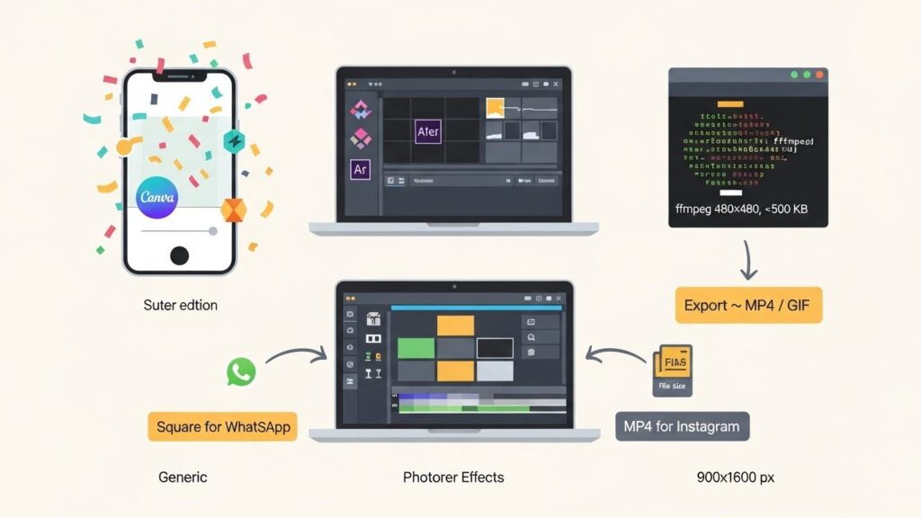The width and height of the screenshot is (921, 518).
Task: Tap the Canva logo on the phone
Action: tap(158, 197)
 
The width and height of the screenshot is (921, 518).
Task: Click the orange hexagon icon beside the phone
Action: tap(234, 210)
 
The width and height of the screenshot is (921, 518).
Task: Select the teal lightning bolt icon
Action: tap(234, 141)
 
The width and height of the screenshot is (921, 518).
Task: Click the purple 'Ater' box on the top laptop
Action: tap(428, 131)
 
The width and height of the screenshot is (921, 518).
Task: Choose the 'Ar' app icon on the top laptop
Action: tap(361, 168)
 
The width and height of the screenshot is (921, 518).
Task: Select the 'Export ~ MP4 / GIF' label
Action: tap(748, 305)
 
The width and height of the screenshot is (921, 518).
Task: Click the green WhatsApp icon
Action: tap(241, 371)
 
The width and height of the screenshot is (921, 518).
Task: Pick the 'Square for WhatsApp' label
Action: tap(223, 426)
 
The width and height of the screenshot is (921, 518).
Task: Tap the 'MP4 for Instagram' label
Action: tap(683, 426)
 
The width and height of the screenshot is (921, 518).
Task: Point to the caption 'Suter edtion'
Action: tap(180, 305)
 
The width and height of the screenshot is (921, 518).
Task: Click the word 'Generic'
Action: tap(183, 477)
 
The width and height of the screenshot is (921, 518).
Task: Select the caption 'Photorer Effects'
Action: tap(453, 477)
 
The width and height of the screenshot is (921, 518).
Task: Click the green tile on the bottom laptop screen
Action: tap(416, 347)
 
